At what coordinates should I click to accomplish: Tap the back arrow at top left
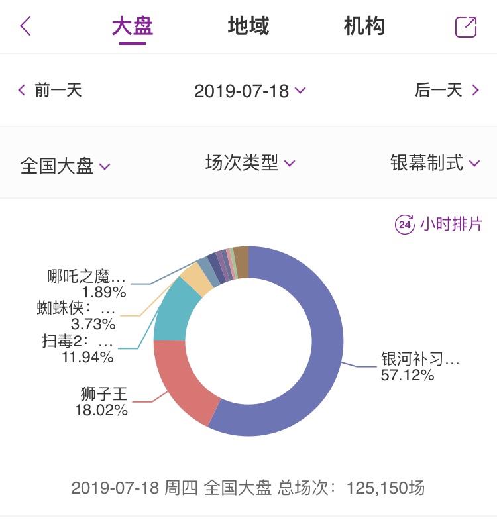pos(25,26)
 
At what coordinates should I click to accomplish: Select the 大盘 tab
pos(133,26)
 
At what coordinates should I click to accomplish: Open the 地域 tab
pos(248,26)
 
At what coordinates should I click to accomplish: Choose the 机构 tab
pos(364,26)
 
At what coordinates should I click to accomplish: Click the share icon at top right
pos(466,27)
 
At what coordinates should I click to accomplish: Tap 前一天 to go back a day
pos(50,90)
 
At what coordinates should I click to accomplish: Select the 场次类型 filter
pos(249,163)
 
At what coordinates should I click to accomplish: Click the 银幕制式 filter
pos(435,163)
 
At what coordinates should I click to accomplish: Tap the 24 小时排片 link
pos(439,224)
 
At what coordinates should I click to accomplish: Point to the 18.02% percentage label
pos(101,410)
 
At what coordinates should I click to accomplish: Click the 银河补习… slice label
pos(419,359)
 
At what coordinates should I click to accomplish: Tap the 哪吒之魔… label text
pos(86,276)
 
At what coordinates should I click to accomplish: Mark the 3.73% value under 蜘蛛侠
pos(93,324)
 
